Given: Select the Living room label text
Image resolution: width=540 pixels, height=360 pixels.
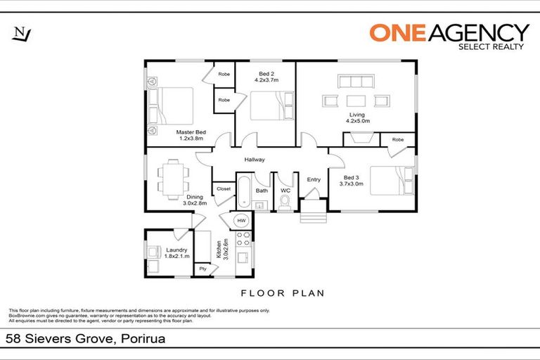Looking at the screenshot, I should click(x=357, y=117).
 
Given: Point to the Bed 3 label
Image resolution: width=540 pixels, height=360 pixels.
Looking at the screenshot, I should click(x=353, y=181).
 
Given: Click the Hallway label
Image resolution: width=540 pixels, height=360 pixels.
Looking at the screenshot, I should click(x=254, y=160).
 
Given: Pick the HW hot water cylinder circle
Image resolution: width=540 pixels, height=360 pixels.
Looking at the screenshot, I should click(x=240, y=220).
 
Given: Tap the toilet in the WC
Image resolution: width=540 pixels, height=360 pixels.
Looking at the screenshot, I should click(x=285, y=202).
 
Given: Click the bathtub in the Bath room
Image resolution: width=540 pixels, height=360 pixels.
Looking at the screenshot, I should click(x=243, y=194).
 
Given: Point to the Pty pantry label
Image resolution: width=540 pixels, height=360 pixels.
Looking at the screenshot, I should click(x=202, y=269).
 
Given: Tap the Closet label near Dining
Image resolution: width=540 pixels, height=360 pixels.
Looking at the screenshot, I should click(x=224, y=188).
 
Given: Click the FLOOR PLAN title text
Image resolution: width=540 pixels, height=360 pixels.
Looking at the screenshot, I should click(x=282, y=292).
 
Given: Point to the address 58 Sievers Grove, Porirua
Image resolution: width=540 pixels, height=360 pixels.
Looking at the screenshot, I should click(x=79, y=338).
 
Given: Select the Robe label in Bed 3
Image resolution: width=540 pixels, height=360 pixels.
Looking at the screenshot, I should click(x=398, y=139).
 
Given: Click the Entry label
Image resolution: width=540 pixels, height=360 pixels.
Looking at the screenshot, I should click(x=314, y=179).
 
